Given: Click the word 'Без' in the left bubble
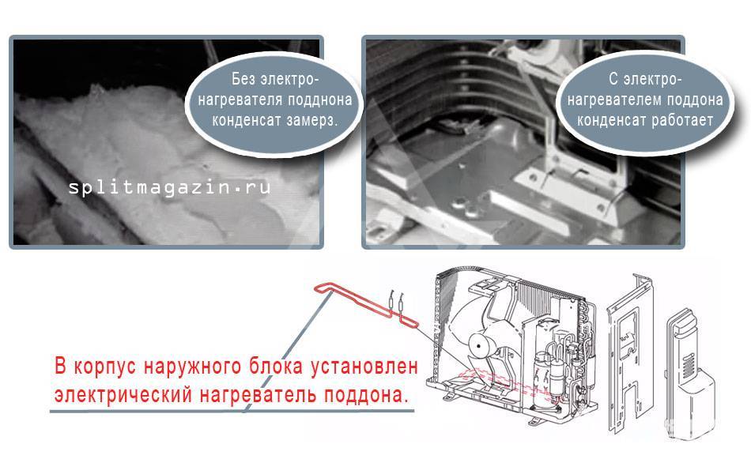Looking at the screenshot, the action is tap(244, 79).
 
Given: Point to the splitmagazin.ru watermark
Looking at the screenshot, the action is tap(169, 187).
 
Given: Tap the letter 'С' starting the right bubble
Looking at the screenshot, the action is tap(613, 79).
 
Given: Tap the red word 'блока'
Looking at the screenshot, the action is tap(276, 367).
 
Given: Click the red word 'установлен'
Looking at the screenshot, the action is tap(364, 367).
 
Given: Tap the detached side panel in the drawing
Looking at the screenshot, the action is tap(629, 353).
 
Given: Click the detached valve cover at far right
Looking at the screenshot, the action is tap(689, 374).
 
